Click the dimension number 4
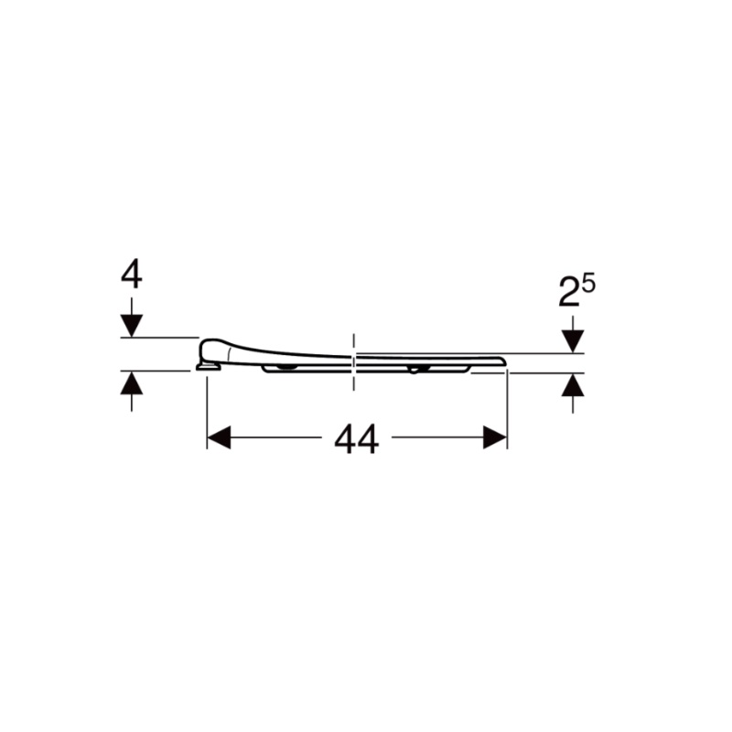tap(132, 275)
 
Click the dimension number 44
tap(357, 440)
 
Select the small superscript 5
tap(588, 285)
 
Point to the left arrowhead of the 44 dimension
tap(219, 437)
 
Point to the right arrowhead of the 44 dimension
tap(495, 437)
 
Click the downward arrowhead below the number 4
tap(132, 326)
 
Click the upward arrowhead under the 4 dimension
tap(132, 382)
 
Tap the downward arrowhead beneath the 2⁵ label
tap(573, 341)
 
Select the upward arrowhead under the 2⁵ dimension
tap(573, 384)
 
